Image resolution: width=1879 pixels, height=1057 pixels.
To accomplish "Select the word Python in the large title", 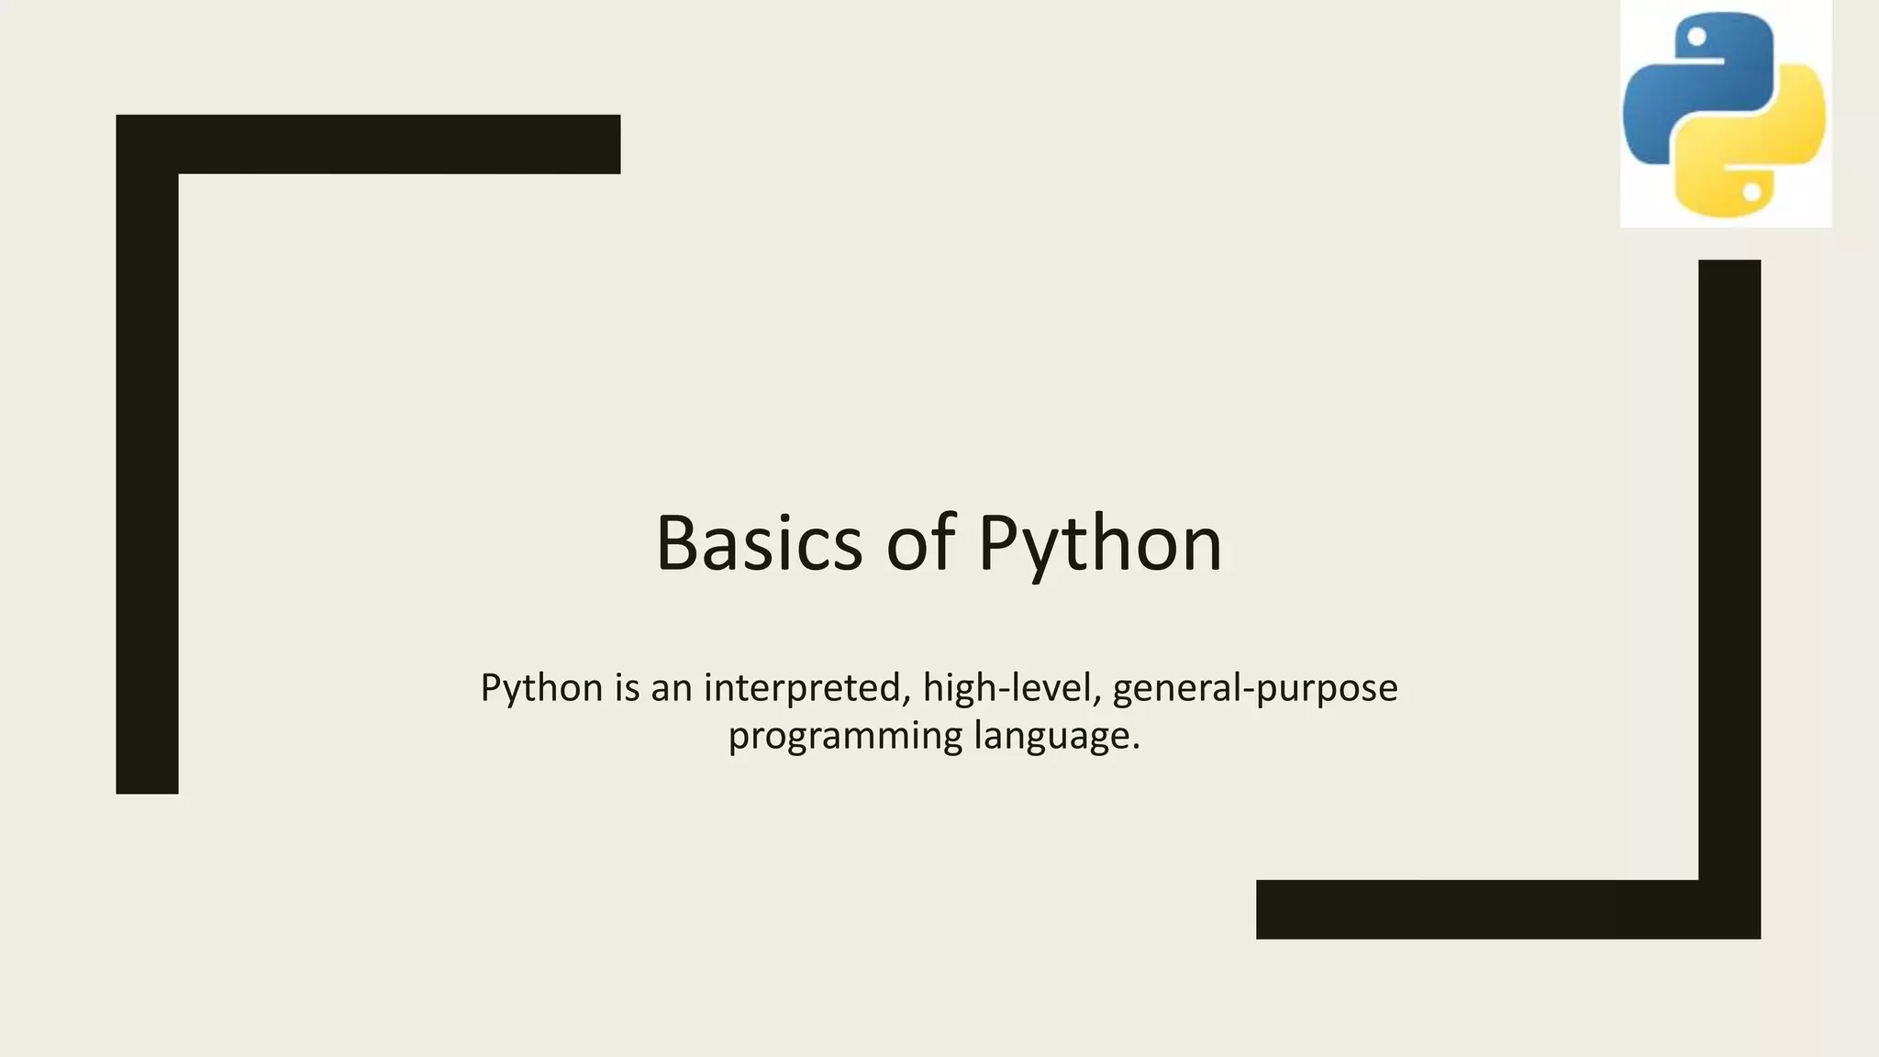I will point(1100,545).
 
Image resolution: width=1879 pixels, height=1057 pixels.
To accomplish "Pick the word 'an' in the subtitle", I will point(671,689).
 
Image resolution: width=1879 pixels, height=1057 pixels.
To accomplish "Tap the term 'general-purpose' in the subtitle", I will point(1255,689).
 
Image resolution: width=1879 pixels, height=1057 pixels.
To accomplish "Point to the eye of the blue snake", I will point(1696,38).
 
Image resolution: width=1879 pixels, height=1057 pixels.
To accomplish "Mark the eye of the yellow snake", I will point(1751,193).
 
